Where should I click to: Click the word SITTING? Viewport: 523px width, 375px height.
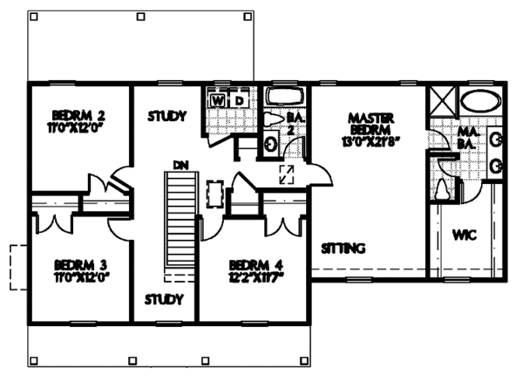click(343, 248)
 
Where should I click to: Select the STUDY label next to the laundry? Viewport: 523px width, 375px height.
click(167, 115)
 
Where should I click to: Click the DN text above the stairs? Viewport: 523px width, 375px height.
click(180, 164)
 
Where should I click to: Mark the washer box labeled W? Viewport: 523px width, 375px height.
click(218, 101)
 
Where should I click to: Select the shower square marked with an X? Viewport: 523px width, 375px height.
click(441, 101)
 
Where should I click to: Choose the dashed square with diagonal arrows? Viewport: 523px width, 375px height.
click(285, 174)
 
